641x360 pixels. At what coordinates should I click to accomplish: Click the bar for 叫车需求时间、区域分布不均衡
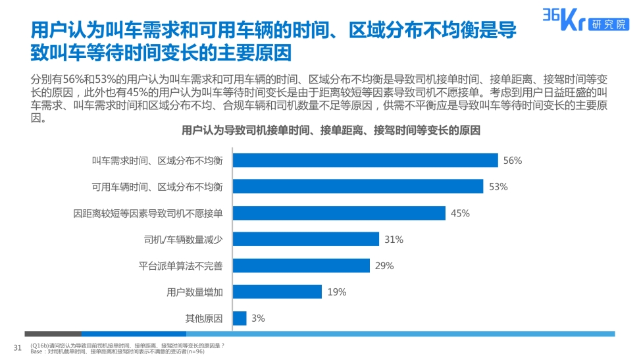click(x=365, y=161)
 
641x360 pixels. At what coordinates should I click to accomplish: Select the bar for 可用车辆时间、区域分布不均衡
click(x=358, y=187)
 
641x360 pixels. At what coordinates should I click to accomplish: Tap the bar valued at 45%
click(x=339, y=213)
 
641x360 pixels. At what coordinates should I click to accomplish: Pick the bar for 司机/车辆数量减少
click(x=306, y=240)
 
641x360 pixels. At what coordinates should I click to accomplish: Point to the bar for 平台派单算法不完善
click(x=301, y=266)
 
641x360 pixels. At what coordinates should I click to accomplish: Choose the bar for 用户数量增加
click(x=277, y=292)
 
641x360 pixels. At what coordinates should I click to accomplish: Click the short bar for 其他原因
click(x=240, y=319)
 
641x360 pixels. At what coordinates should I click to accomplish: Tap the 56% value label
click(x=512, y=161)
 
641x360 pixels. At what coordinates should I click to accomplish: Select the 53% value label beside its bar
click(x=498, y=187)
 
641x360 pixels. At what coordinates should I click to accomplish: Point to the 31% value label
click(x=394, y=240)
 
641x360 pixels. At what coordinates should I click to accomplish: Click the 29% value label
click(x=384, y=266)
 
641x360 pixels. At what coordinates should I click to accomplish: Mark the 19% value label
click(x=336, y=292)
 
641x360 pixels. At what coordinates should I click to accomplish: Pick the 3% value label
click(x=258, y=319)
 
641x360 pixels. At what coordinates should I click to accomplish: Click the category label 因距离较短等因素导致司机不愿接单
click(x=148, y=213)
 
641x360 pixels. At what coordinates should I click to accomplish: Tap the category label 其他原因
click(x=204, y=319)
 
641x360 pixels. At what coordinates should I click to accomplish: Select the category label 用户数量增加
click(x=195, y=292)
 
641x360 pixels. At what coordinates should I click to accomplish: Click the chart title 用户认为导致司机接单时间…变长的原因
click(x=331, y=131)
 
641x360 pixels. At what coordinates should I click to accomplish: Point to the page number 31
click(x=18, y=347)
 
